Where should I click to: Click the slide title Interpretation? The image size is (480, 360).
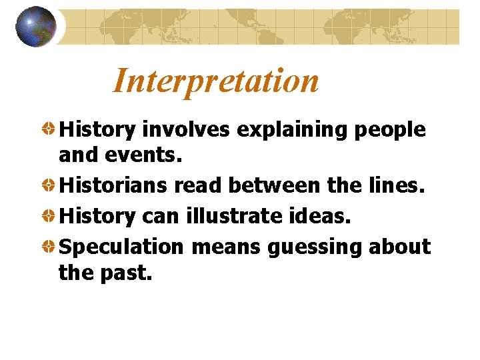tap(215, 81)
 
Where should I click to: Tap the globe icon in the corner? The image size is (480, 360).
tap(35, 27)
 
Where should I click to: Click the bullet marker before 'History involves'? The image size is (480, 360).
tap(49, 129)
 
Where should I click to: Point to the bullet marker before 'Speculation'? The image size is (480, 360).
tap(49, 246)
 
